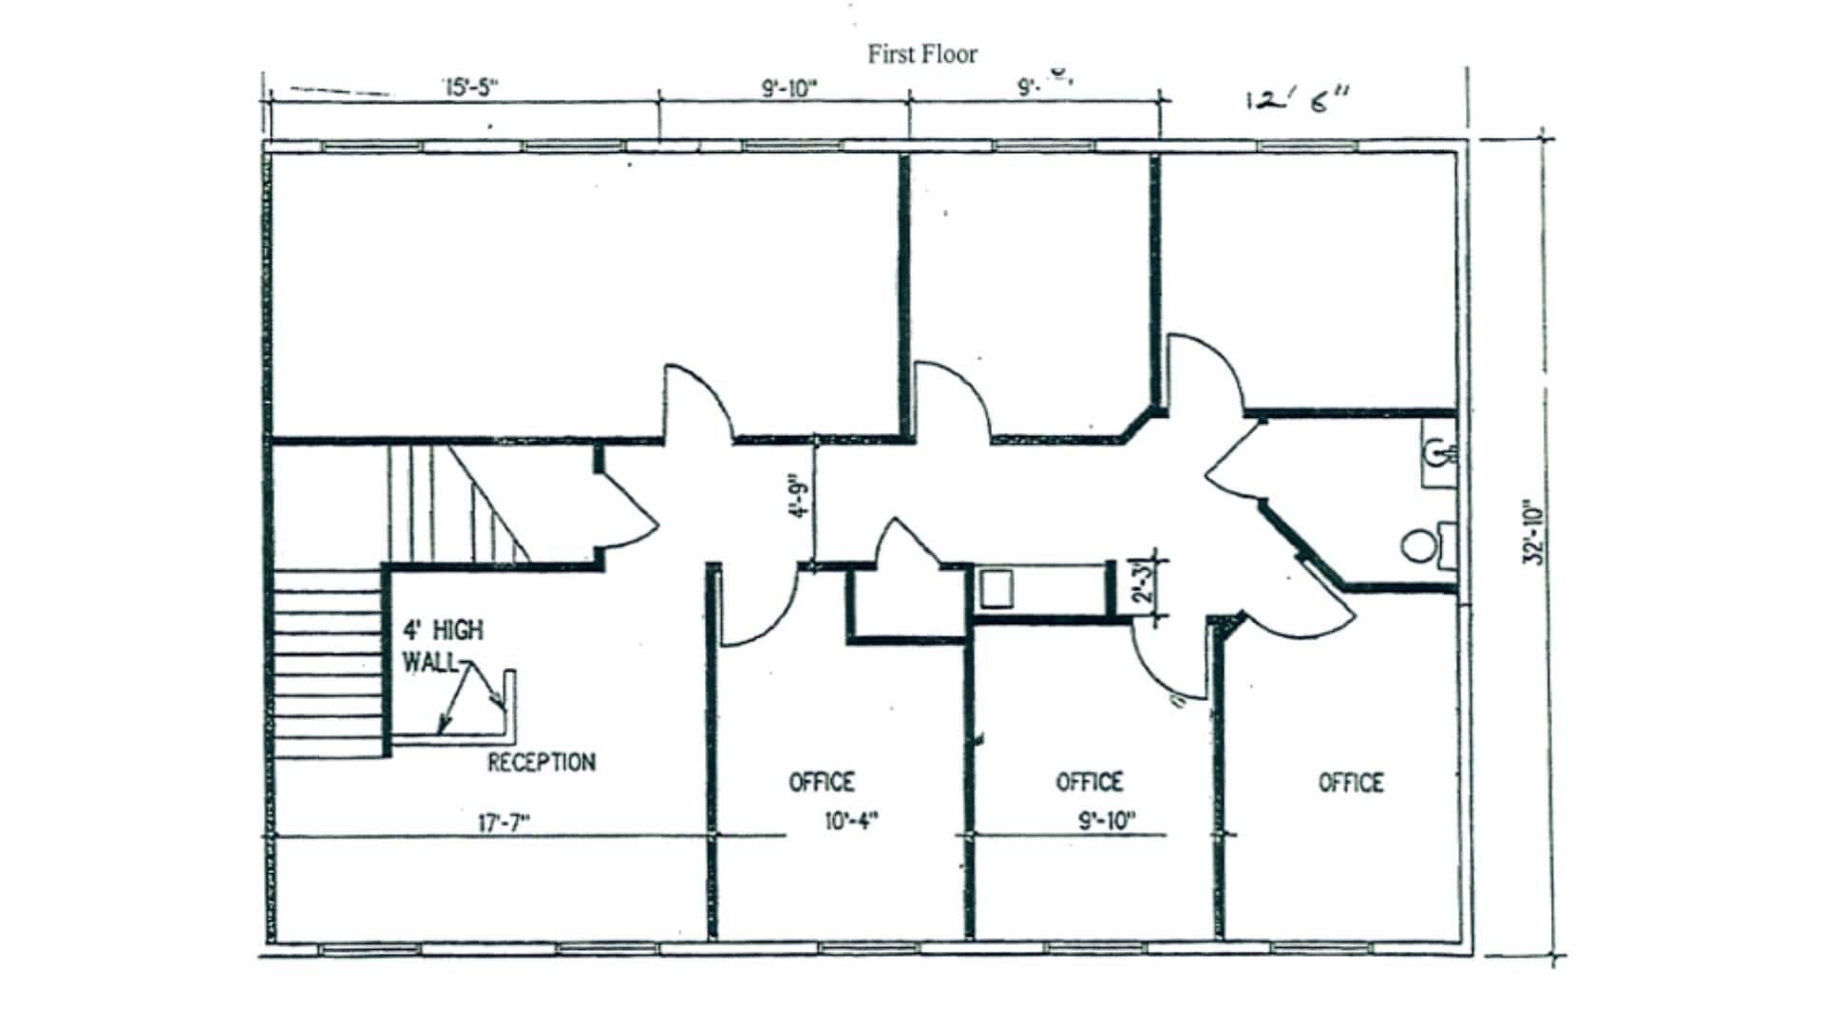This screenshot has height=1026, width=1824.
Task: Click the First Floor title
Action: pos(921,54)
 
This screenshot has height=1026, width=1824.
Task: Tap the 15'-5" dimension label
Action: pos(470,88)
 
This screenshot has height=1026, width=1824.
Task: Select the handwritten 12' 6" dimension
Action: pos(1298,99)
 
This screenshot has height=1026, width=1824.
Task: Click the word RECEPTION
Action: pos(541,762)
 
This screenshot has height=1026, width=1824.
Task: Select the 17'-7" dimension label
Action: pos(503,823)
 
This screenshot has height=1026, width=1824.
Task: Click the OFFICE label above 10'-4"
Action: pos(822,782)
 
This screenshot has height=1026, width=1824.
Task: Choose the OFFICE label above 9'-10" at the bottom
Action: pos(1090,782)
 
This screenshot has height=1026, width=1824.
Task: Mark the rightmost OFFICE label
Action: pos(1350,782)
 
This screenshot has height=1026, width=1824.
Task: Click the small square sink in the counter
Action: pos(997,589)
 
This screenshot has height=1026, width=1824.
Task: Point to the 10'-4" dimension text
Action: pos(851,821)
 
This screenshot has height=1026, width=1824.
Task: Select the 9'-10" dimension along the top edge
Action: pos(788,88)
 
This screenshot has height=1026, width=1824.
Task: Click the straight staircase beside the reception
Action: pos(328,663)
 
